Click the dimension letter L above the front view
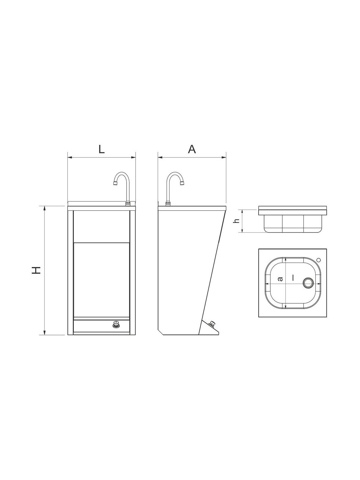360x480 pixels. coord(101,149)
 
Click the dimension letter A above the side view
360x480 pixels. coord(192,149)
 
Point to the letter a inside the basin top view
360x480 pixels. coord(280,279)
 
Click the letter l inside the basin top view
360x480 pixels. coord(293,278)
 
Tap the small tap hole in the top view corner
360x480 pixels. coord(319,260)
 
